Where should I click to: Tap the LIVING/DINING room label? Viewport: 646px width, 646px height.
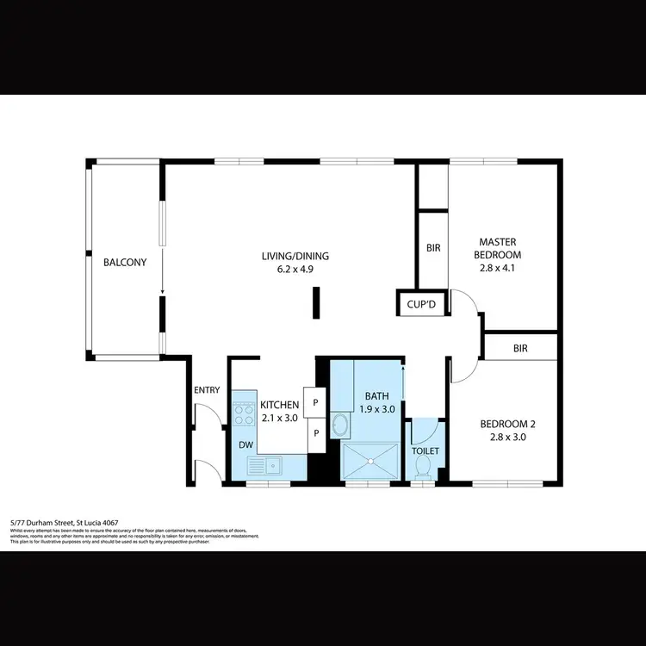(x=295, y=256)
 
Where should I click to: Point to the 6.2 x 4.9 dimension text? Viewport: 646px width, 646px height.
(x=295, y=269)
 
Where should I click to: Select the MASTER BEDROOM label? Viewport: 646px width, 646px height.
(x=500, y=248)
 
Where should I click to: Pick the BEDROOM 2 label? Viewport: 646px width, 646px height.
(x=508, y=423)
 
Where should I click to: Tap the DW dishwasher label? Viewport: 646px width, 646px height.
(x=245, y=445)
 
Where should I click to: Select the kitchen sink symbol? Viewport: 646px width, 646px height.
(x=266, y=465)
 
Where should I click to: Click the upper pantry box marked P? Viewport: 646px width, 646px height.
(x=316, y=402)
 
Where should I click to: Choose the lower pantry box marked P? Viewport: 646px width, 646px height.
(x=316, y=432)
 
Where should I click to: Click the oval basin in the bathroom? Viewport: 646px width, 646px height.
(x=341, y=426)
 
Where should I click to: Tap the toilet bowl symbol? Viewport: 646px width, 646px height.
(x=423, y=465)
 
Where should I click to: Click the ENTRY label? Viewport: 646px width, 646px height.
(x=207, y=390)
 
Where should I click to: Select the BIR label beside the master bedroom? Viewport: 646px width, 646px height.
(x=433, y=248)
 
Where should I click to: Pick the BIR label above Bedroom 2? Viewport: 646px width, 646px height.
(x=519, y=349)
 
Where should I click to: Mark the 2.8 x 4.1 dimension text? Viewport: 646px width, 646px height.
(x=500, y=268)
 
